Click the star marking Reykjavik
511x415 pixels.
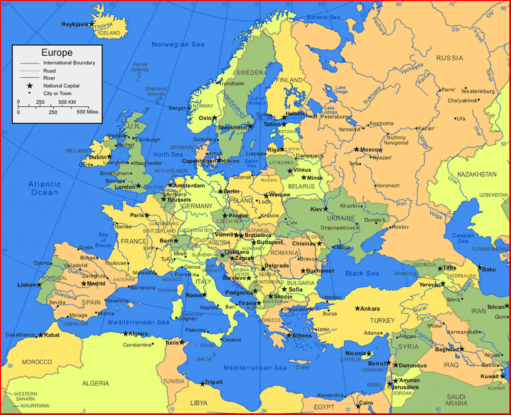(91, 24)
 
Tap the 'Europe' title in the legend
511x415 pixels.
(57, 53)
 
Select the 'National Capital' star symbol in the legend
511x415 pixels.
(30, 86)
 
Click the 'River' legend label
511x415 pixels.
(49, 78)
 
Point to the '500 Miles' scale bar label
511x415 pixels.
(87, 112)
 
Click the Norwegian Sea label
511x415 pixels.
(178, 44)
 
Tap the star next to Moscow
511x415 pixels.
(357, 149)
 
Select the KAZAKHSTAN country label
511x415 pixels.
(477, 174)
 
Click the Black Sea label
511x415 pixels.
(362, 273)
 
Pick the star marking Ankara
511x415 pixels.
(357, 308)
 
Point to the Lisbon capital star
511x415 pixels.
(39, 285)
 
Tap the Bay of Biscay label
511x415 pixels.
(103, 240)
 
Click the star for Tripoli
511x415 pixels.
(202, 384)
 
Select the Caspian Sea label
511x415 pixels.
(463, 238)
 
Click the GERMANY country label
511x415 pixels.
(197, 206)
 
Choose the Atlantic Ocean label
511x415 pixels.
(45, 188)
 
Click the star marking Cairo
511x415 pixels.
(358, 406)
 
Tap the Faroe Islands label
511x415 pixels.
(140, 67)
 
